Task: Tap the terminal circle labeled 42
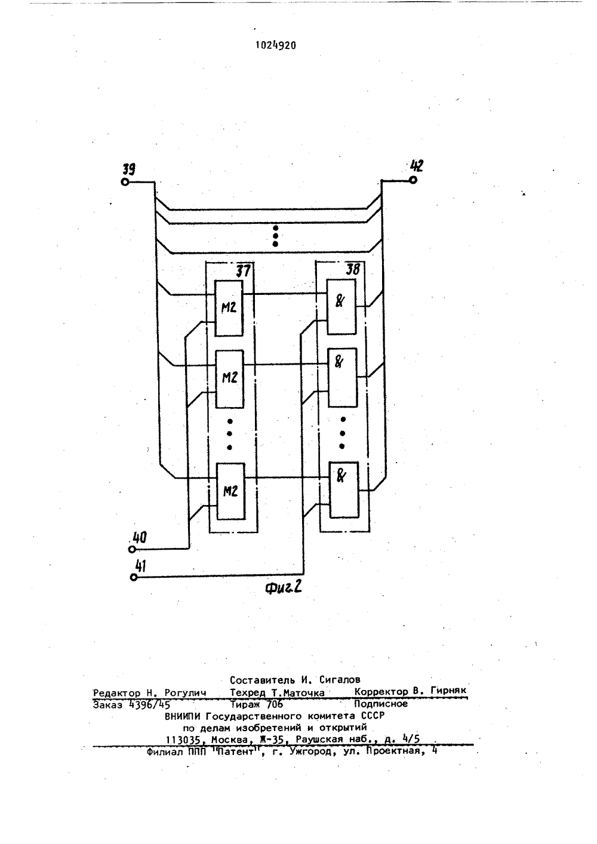(x=413, y=180)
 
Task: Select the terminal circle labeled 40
(x=132, y=549)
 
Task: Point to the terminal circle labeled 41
(x=133, y=577)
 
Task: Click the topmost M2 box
(x=229, y=308)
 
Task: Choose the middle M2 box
(x=229, y=379)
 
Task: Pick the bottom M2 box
(x=230, y=491)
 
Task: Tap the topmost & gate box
(x=341, y=307)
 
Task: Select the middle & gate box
(x=342, y=378)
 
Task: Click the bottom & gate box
(x=344, y=490)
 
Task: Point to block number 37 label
(x=243, y=271)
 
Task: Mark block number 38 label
(x=353, y=269)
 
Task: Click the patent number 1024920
(x=276, y=45)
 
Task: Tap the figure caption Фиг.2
(x=284, y=588)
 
